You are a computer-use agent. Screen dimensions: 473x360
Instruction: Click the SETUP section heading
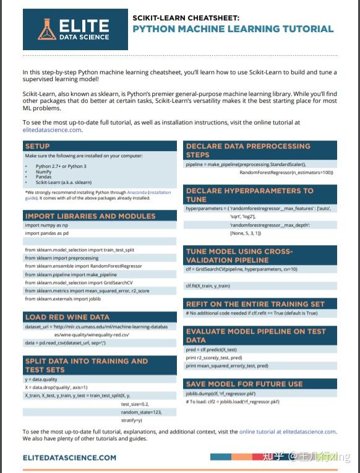[x=38, y=146]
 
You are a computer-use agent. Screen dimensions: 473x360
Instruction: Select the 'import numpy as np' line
[x=46, y=225]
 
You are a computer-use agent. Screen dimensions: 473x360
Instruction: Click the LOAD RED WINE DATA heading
[x=67, y=316]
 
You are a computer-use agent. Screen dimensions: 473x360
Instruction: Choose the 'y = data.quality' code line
[x=41, y=379]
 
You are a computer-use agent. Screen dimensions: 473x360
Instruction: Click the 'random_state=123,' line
[x=141, y=412]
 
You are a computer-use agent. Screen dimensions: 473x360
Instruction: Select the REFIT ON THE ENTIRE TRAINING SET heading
[x=255, y=304]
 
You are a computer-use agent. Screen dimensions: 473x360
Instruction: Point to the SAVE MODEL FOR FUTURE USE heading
[x=244, y=384]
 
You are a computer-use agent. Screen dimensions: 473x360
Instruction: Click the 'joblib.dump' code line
[x=220, y=393]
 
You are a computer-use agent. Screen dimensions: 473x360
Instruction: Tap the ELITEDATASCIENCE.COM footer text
[x=69, y=458]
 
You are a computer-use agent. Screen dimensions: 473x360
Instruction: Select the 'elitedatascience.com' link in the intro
[x=52, y=130]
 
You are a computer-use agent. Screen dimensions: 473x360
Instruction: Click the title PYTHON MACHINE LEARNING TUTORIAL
[x=233, y=28]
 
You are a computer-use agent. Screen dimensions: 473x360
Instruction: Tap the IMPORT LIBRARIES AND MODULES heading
[x=90, y=216]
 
